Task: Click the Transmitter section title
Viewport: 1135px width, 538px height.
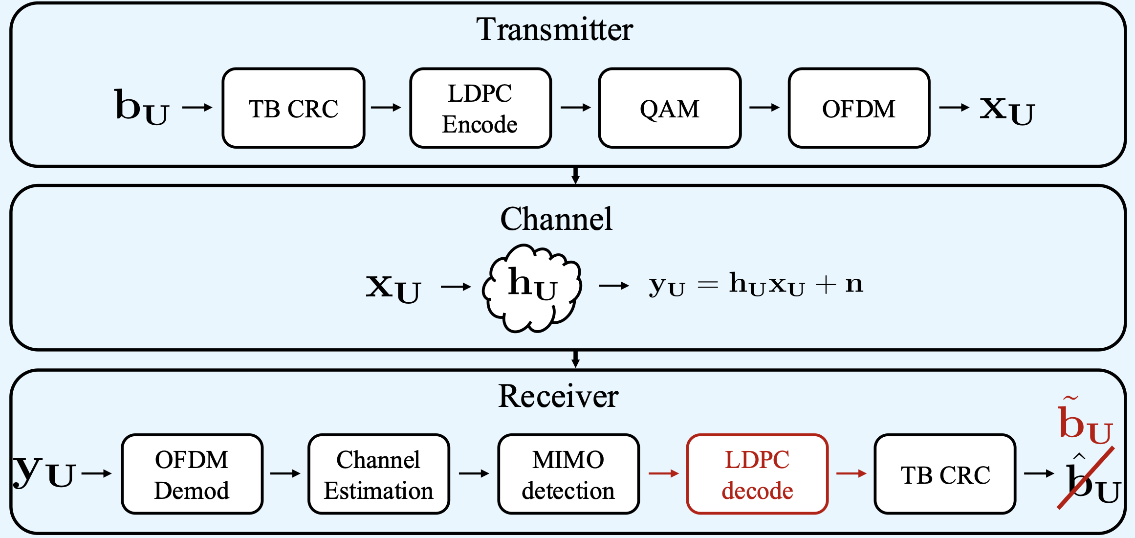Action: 554,29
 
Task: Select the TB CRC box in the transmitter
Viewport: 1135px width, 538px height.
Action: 293,108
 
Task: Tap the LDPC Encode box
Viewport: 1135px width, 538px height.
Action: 480,108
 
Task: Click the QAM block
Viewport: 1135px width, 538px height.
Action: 669,108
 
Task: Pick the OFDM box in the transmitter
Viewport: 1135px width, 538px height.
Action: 858,108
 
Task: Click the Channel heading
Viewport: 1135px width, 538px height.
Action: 556,219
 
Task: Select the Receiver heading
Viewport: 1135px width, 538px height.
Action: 558,396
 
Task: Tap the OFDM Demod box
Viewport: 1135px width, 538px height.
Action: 192,474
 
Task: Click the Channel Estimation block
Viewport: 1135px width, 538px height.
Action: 378,474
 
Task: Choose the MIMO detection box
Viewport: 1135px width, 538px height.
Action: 568,474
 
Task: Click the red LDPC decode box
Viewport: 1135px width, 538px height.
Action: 757,474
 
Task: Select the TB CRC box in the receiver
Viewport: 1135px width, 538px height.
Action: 945,474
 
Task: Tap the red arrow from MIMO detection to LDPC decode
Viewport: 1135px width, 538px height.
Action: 663,473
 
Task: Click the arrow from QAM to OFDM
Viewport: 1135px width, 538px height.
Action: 764,108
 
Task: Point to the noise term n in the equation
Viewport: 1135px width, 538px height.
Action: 854,284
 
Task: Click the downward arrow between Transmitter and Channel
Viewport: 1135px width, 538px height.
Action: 575,176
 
